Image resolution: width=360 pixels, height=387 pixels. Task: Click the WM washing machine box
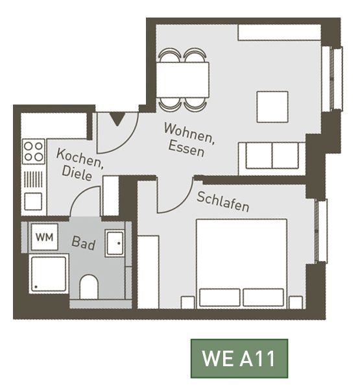coord(44,237)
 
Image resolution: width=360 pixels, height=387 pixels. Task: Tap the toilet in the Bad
coord(89,287)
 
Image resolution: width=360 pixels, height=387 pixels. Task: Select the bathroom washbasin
coord(115,243)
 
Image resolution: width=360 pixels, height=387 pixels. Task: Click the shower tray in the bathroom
coord(49,274)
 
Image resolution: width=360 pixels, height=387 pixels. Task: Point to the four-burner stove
coord(34,151)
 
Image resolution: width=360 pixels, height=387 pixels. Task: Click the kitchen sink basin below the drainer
coord(33,201)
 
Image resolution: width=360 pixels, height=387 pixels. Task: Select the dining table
coord(183,80)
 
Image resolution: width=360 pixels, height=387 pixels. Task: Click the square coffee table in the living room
coord(272,107)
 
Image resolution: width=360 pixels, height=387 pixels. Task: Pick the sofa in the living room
coord(272,159)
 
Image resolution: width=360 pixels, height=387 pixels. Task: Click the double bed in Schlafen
coord(242,264)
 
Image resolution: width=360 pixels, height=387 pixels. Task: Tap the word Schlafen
coord(223,202)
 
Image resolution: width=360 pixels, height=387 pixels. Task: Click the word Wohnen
coord(189,134)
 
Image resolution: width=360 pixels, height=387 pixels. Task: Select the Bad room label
coord(83,243)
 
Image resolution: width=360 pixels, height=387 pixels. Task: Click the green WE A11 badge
coord(239,358)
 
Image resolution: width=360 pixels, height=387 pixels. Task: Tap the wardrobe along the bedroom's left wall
coord(148,272)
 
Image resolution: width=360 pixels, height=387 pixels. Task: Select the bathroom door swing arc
coord(79,195)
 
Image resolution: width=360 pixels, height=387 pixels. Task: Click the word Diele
coord(77,173)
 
